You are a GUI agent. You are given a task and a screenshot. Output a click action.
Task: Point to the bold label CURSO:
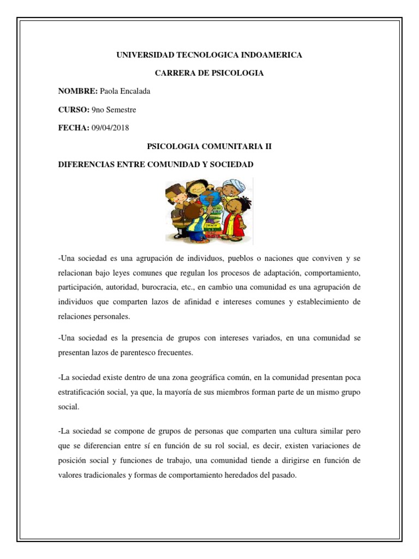click(74, 110)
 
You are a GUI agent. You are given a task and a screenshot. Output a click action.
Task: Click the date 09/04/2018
click(111, 128)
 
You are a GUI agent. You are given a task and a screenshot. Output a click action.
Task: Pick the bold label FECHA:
click(74, 128)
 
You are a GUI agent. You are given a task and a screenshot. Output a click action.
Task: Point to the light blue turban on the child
click(232, 185)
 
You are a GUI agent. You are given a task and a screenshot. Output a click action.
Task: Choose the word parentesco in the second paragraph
click(137, 353)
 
